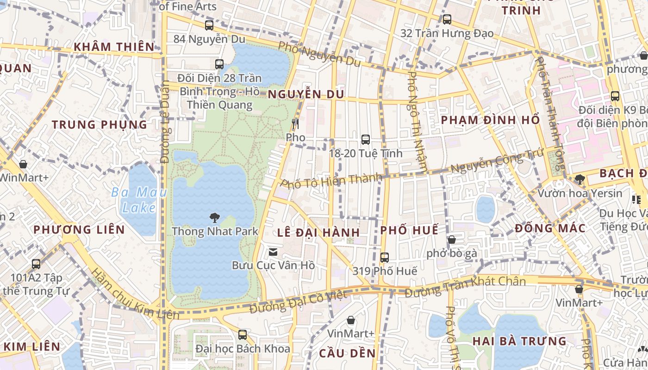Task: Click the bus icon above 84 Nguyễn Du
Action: (209, 25)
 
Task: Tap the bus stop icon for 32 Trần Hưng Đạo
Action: (447, 19)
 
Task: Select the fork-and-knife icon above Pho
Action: (296, 123)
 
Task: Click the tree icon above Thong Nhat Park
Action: (214, 217)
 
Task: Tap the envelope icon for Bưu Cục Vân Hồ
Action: (273, 252)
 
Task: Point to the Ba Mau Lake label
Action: (139, 200)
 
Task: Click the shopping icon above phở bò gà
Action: (451, 240)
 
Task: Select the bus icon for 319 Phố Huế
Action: (385, 258)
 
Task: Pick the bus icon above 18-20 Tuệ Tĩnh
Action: (366, 139)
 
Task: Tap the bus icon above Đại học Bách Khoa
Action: (242, 335)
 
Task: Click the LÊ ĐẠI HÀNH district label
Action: (318, 233)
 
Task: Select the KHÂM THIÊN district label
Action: (113, 47)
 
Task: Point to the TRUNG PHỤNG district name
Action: (99, 124)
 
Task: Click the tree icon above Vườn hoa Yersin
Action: (579, 179)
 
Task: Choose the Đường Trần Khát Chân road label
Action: (465, 287)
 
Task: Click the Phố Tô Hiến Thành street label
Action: (331, 180)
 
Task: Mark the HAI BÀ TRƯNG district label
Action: (519, 341)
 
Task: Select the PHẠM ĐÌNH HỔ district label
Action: (490, 120)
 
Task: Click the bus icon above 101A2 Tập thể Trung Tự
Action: (36, 264)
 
